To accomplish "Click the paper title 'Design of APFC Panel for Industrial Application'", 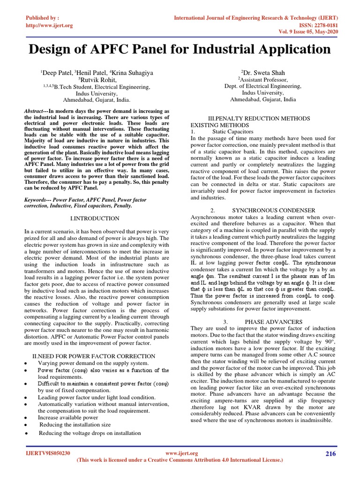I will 180,49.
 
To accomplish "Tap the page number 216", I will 330,453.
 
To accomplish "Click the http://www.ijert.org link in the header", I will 49,25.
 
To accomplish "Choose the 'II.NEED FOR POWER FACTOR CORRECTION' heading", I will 93,356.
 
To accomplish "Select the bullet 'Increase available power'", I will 68,417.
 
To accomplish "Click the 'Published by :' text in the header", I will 43,18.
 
